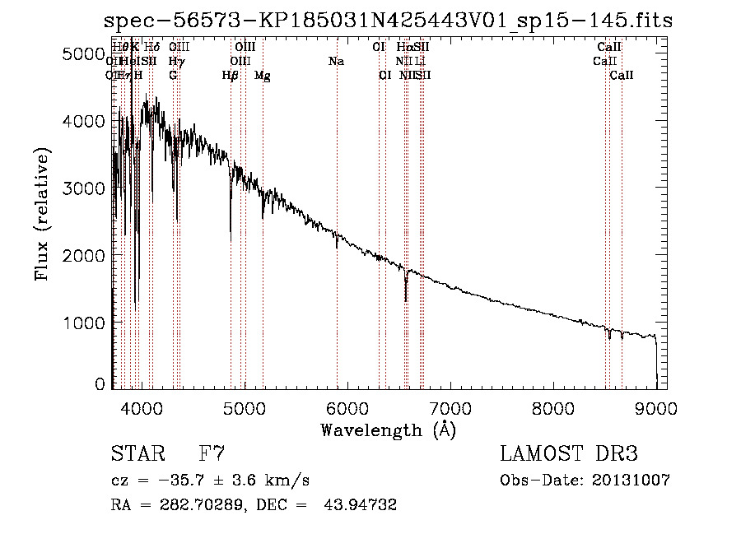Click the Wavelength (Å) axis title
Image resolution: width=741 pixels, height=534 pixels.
[x=387, y=430]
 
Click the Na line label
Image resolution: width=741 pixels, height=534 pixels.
[x=336, y=62]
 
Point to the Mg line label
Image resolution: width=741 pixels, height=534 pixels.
[x=262, y=76]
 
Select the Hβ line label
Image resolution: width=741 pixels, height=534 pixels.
[x=230, y=76]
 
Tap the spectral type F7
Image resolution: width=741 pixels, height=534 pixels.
[x=212, y=454]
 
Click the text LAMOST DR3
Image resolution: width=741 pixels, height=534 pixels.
[x=569, y=454]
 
